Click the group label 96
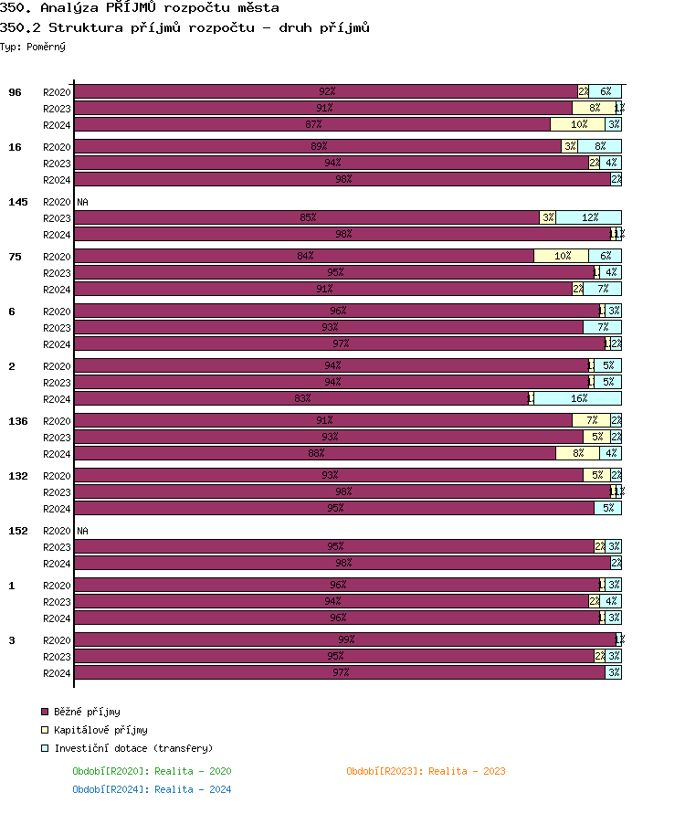click(16, 92)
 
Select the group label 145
click(18, 202)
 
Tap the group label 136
click(18, 421)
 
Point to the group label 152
click(18, 531)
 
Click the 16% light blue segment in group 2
click(578, 399)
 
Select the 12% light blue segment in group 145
click(589, 217)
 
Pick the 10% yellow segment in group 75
click(562, 256)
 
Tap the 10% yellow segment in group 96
click(578, 124)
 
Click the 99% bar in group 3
click(345, 639)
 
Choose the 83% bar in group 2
click(301, 399)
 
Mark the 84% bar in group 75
click(304, 256)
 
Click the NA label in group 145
click(82, 202)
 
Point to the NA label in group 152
click(82, 531)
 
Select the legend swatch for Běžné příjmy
click(45, 712)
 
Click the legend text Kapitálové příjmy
click(100, 730)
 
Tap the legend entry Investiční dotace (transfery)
click(132, 748)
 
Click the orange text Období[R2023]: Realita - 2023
click(426, 771)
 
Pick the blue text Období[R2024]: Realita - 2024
click(152, 789)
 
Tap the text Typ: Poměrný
click(33, 47)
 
